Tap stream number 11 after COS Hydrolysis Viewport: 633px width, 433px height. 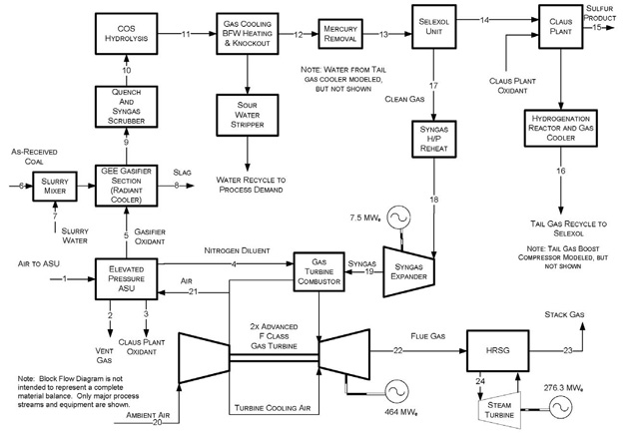(x=186, y=33)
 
